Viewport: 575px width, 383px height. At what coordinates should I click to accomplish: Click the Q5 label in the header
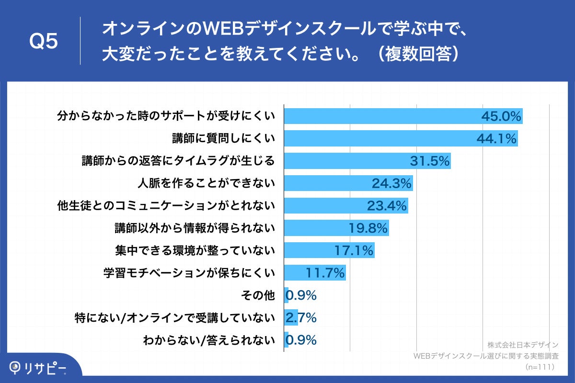(44, 42)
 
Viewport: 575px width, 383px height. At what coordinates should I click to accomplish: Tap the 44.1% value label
(496, 139)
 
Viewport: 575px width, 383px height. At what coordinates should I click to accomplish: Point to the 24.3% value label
(391, 183)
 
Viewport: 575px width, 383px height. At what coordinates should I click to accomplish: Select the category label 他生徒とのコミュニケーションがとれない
(166, 206)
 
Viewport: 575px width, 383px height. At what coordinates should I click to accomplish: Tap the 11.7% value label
(325, 273)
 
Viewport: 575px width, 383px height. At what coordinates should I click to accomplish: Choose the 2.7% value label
(301, 317)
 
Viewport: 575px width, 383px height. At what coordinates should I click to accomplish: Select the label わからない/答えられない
(209, 340)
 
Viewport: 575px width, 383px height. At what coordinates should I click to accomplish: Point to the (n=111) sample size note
(540, 367)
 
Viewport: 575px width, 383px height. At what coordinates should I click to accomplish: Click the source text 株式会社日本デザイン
(523, 345)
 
